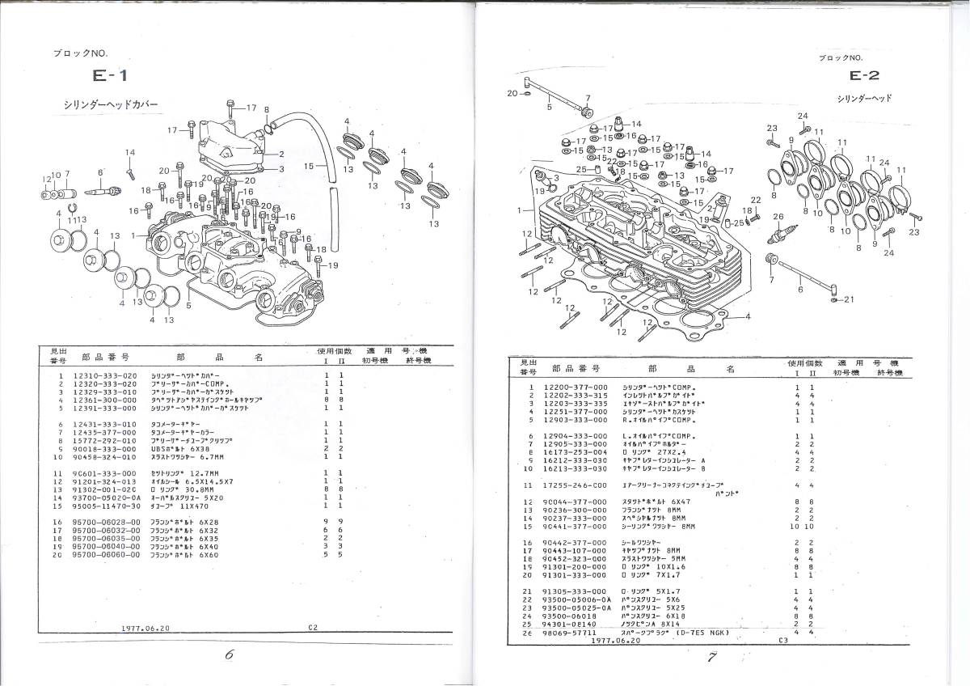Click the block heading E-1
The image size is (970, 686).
point(107,78)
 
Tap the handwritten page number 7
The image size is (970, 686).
point(712,657)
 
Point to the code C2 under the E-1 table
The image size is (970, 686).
point(314,626)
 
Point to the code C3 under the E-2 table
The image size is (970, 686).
point(782,639)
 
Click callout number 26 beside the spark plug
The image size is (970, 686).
point(778,216)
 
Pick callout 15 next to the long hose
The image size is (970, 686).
point(308,166)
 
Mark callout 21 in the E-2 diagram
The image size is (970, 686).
point(848,299)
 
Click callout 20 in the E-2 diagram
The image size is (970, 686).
point(512,93)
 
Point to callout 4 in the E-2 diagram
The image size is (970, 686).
point(748,315)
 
